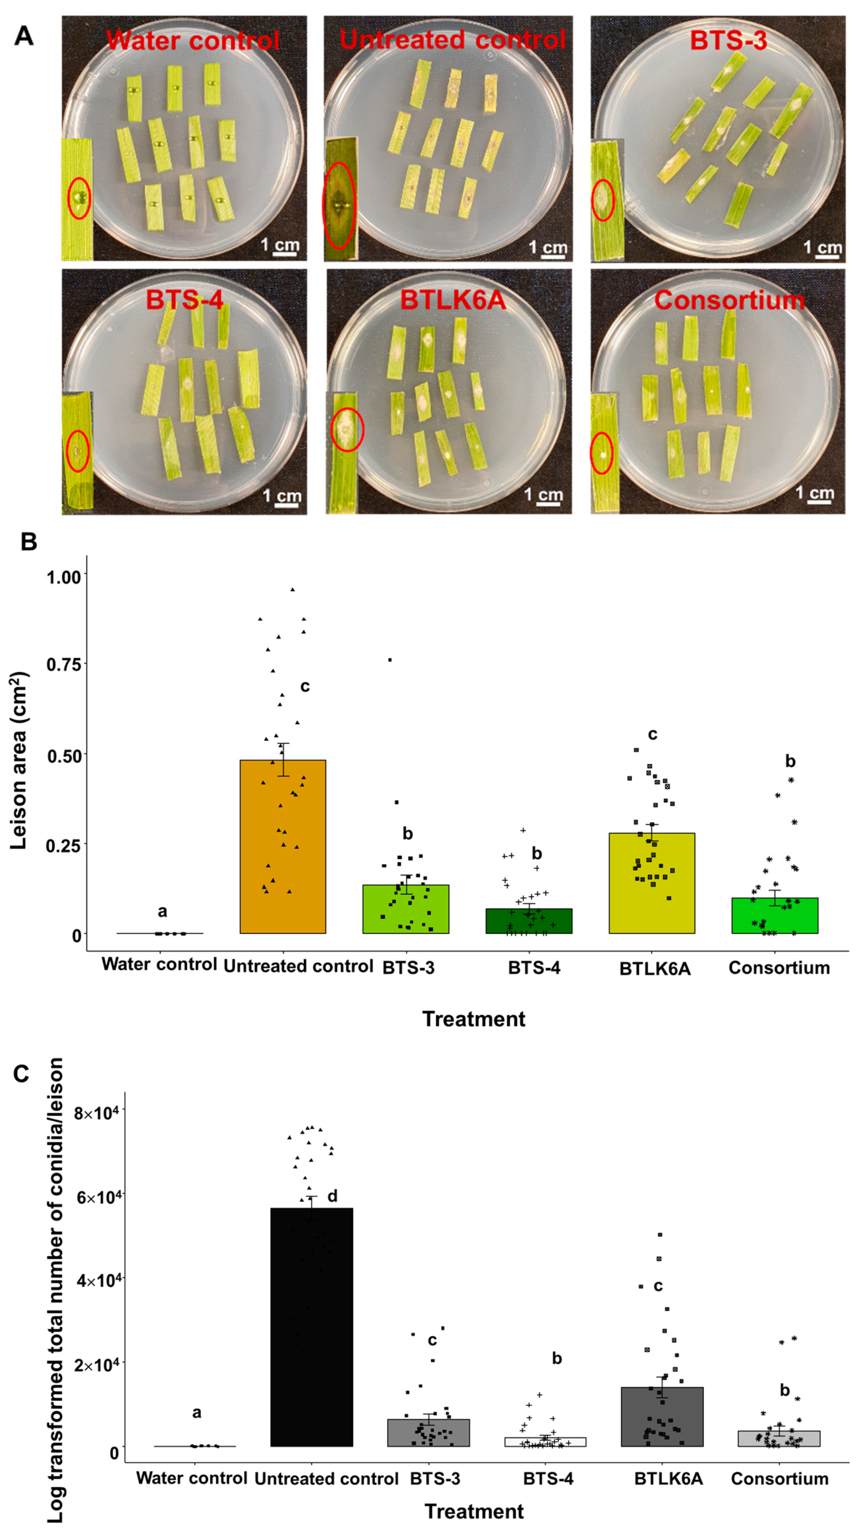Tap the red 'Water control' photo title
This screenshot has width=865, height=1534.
(192, 41)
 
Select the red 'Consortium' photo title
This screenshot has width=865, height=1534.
(729, 300)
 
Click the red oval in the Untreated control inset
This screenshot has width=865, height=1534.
(339, 205)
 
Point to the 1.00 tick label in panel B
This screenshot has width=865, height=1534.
(64, 576)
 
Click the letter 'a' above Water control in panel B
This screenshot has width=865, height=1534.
(162, 911)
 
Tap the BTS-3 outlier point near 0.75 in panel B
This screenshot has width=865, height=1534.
(390, 660)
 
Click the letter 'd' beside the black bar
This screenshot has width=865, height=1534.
(332, 1196)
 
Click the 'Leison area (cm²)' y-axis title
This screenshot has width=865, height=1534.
(19, 760)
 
